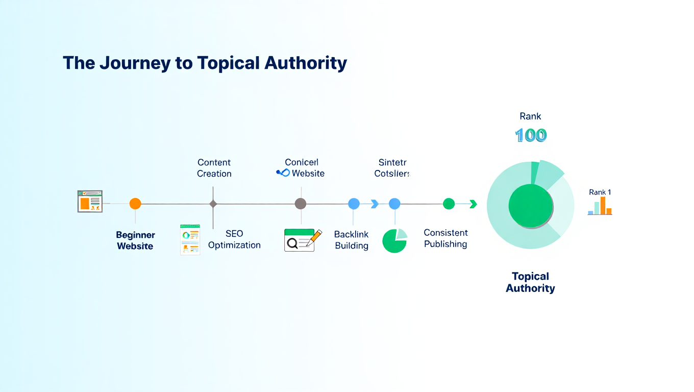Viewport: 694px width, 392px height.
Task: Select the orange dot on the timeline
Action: click(135, 204)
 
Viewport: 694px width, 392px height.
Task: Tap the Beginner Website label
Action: click(135, 240)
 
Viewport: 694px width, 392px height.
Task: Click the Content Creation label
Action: click(214, 168)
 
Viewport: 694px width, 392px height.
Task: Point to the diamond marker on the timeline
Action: click(213, 204)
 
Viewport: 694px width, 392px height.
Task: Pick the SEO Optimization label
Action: click(234, 239)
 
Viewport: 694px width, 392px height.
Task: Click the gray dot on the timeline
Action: click(301, 204)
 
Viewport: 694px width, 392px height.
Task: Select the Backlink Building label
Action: click(352, 240)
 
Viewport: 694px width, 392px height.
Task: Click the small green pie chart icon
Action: click(394, 240)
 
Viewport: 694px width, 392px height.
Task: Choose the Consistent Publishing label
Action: click(445, 238)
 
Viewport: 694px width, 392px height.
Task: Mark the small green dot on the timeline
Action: click(449, 204)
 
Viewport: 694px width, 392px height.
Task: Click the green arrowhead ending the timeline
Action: click(473, 204)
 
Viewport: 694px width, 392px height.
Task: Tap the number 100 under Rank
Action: click(531, 135)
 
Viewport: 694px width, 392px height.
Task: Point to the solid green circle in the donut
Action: click(530, 206)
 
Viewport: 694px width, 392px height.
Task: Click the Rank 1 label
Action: click(600, 192)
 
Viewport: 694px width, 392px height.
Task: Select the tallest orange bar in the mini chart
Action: click(603, 205)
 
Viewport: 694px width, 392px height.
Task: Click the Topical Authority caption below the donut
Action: click(530, 282)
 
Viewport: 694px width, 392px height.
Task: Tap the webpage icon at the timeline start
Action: click(90, 201)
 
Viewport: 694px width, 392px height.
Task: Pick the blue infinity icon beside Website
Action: click(283, 173)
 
